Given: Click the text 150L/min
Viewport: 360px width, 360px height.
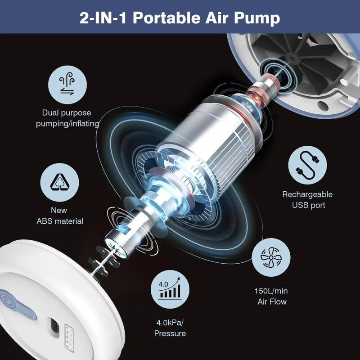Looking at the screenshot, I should point(270,291).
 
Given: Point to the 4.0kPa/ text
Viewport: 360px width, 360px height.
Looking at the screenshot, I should point(170,322).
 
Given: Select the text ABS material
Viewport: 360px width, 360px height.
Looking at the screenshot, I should point(60,221).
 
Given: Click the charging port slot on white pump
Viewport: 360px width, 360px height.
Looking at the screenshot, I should point(54,324).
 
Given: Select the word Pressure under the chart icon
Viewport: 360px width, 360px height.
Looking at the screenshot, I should point(170,333).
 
